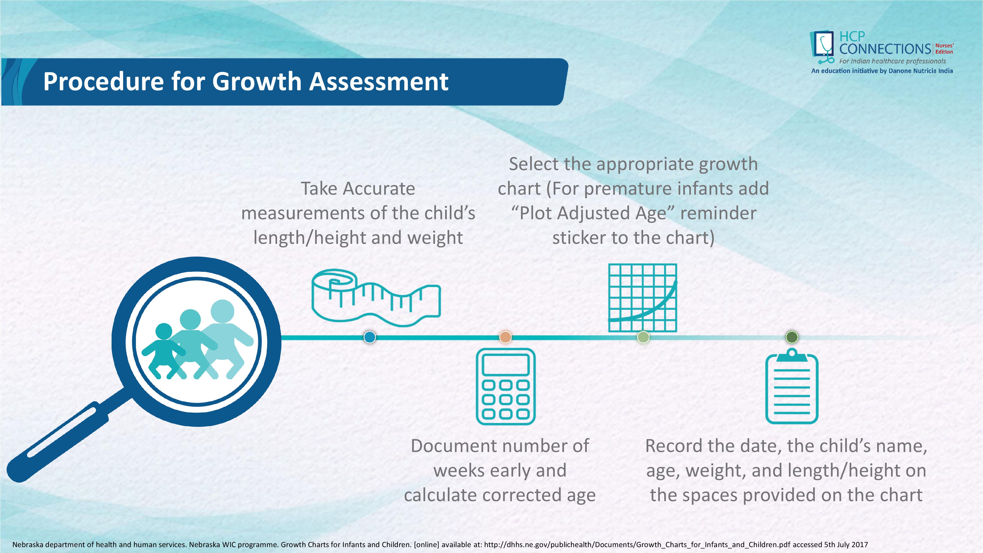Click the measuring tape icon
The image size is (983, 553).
(376, 298)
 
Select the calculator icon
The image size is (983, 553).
(506, 386)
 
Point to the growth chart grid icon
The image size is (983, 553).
(643, 298)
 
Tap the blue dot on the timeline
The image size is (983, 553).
(369, 337)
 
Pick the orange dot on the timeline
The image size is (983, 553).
(505, 337)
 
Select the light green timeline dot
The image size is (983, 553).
(643, 337)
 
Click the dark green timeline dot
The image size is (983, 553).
(792, 337)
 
